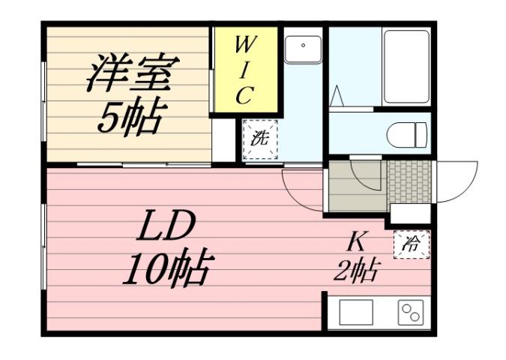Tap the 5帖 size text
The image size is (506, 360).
coord(130,116)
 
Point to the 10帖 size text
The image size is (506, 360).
coord(166,268)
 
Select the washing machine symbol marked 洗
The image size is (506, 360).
coord(259,139)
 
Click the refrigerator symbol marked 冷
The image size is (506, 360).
coord(412,244)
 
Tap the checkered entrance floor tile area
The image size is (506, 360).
coord(409,181)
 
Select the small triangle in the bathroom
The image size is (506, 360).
coord(337,97)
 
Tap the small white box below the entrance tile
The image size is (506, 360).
coord(409,214)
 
